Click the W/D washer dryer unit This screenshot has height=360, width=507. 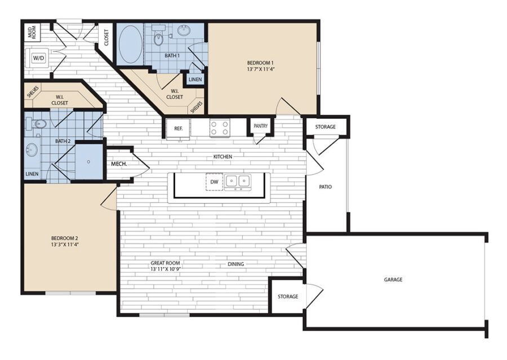point(38,58)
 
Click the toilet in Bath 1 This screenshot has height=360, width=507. point(159,37)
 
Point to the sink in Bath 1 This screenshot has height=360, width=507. point(184,31)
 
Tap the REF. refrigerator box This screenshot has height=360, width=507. point(178,128)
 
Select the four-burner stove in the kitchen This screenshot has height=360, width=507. point(219,128)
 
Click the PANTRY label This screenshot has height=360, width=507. point(260,126)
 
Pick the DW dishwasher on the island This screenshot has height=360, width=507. point(214,182)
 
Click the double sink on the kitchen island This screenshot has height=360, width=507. point(237,181)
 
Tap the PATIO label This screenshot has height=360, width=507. point(325,186)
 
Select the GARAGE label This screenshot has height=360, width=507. point(393,279)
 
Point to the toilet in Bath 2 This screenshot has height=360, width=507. point(38,123)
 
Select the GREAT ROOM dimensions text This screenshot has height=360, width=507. point(165,269)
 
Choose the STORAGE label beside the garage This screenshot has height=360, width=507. point(288,296)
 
